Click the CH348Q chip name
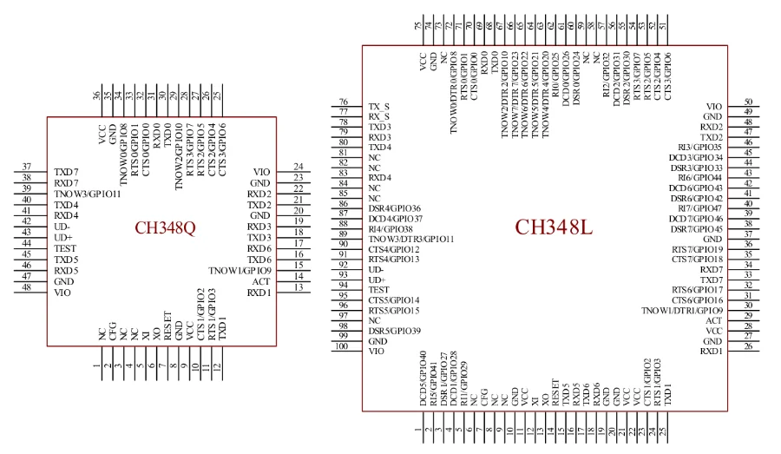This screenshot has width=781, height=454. click(x=165, y=229)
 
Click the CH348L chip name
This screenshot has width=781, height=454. click(x=553, y=227)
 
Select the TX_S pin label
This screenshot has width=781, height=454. click(x=379, y=105)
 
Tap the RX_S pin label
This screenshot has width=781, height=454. click(x=379, y=115)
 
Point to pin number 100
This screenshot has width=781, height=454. click(x=344, y=347)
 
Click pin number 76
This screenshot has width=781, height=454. click(x=344, y=102)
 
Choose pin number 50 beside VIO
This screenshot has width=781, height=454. click(x=747, y=102)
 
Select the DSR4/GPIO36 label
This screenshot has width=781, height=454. click(x=395, y=208)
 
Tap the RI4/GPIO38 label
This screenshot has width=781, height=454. click(x=390, y=228)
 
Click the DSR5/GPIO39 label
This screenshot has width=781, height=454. click(x=395, y=331)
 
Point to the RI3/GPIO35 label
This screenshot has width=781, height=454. click(x=699, y=147)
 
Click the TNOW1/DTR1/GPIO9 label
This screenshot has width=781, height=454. click(x=682, y=310)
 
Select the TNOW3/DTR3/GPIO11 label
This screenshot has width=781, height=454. click(x=412, y=239)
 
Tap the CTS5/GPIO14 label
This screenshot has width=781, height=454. click(x=394, y=299)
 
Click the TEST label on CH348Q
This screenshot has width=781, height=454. click(x=65, y=248)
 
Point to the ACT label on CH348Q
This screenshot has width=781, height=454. click(x=261, y=281)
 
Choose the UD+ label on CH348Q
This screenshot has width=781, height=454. click(x=63, y=237)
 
